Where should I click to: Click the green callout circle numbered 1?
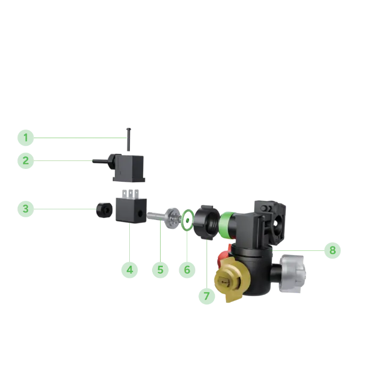click(x=25, y=139)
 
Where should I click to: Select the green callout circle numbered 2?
click(x=25, y=160)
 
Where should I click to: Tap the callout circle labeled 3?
click(x=25, y=209)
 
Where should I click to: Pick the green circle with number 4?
click(x=130, y=270)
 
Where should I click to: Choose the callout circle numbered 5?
click(x=160, y=270)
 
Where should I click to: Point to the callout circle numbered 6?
click(x=187, y=270)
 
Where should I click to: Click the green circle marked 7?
click(x=207, y=295)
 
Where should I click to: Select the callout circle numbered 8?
click(x=332, y=250)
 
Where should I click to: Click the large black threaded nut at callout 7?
click(x=206, y=221)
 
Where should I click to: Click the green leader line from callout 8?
click(x=298, y=249)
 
